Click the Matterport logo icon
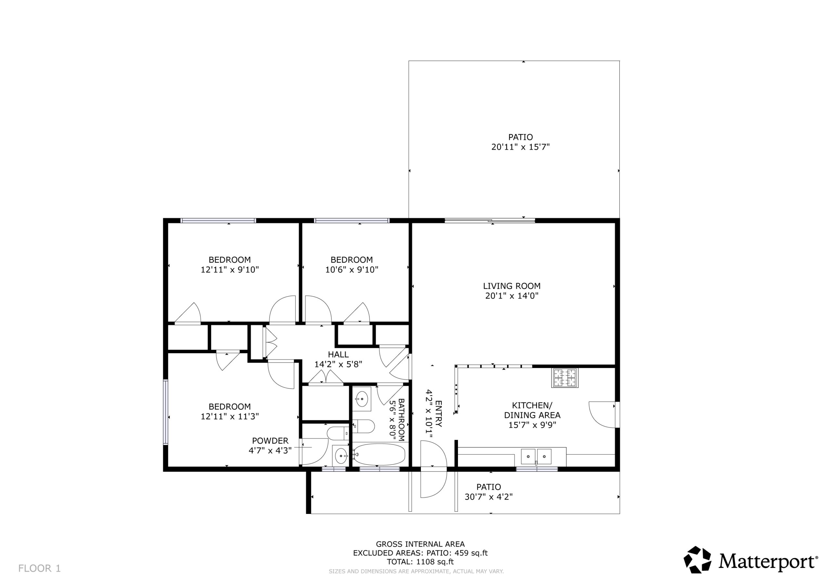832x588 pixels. (x=697, y=560)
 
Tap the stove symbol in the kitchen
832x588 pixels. (x=565, y=377)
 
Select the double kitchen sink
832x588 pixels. (x=536, y=456)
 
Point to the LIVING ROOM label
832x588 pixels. (x=512, y=286)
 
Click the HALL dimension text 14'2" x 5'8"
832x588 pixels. (x=338, y=364)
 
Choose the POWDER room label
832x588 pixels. (x=270, y=441)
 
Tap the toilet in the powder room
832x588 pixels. (x=337, y=433)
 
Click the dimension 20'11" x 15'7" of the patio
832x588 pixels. (x=520, y=147)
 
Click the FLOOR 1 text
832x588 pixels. (x=40, y=569)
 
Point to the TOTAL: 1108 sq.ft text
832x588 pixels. (x=420, y=562)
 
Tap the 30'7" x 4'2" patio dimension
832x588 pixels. (x=488, y=496)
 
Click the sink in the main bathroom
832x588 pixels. (x=362, y=399)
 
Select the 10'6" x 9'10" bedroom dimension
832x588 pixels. (x=352, y=270)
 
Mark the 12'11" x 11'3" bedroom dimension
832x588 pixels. (x=230, y=416)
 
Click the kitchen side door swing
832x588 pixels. (x=602, y=415)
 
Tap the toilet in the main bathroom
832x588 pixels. (x=363, y=427)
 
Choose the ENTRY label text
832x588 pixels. (x=438, y=414)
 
